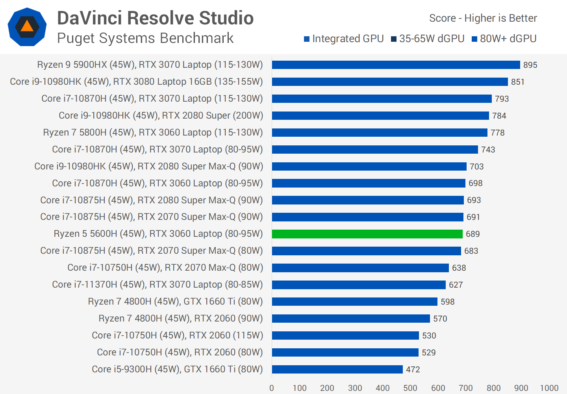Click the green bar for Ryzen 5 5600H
pyautogui.click(x=367, y=234)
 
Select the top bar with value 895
pyautogui.click(x=396, y=65)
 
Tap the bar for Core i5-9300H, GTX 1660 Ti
pyautogui.click(x=337, y=370)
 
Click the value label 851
pyautogui.click(x=517, y=82)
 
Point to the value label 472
pyautogui.click(x=413, y=370)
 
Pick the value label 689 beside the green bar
pyautogui.click(x=472, y=234)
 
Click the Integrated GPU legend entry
pyautogui.click(x=344, y=39)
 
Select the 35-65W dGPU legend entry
pyautogui.click(x=428, y=39)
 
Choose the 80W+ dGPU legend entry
pyautogui.click(x=504, y=39)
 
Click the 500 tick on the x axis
pyautogui.click(x=410, y=388)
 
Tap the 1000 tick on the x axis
pyautogui.click(x=549, y=388)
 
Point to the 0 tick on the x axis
pyautogui.click(x=272, y=388)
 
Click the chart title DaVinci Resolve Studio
pyautogui.click(x=155, y=18)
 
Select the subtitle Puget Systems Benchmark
pyautogui.click(x=145, y=38)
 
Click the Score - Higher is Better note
pyautogui.click(x=483, y=18)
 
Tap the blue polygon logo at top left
pyautogui.click(x=27, y=27)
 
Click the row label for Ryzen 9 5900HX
pyautogui.click(x=150, y=65)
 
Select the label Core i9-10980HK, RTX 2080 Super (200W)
pyautogui.click(x=161, y=115)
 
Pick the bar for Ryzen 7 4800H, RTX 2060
pyautogui.click(x=351, y=319)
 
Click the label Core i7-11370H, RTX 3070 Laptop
pyautogui.click(x=157, y=284)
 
